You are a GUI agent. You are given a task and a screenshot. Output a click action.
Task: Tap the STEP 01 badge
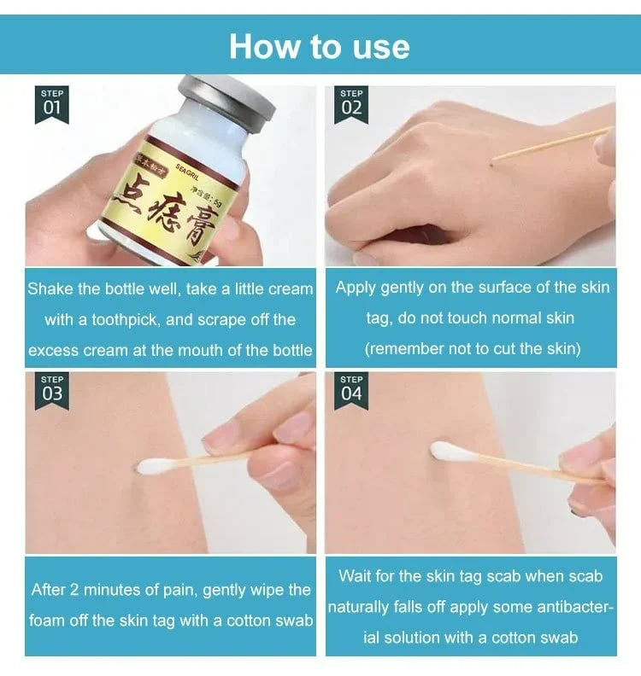[52, 104]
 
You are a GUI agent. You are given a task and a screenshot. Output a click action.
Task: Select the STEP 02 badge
[351, 104]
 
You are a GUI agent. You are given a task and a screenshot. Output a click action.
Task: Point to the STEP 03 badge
[52, 390]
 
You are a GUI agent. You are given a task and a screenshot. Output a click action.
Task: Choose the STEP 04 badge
[351, 390]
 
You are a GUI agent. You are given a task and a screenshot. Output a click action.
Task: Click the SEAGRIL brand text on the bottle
[187, 156]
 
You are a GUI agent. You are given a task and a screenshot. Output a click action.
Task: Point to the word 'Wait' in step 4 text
[355, 576]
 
